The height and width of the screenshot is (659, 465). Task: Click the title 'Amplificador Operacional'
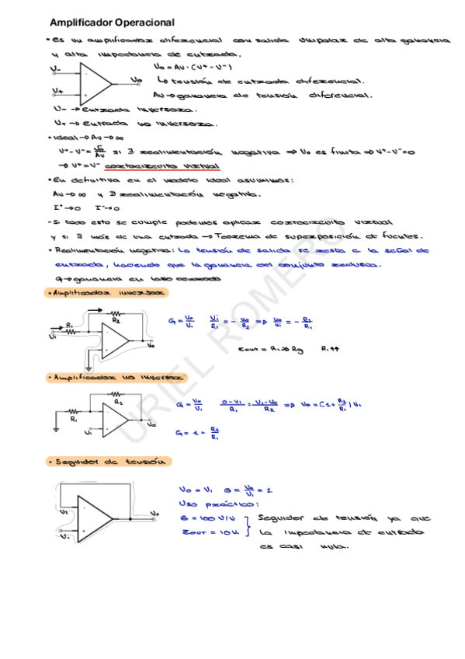[112, 23]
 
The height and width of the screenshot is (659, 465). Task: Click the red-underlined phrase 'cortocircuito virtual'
[169, 166]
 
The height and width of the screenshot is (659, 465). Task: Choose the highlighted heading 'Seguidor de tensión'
[106, 462]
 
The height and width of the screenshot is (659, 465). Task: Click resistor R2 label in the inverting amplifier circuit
[116, 319]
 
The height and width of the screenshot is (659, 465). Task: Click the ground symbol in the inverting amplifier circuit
[92, 358]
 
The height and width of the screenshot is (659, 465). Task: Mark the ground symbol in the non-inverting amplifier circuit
[57, 427]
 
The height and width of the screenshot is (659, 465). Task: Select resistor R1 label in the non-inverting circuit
[74, 418]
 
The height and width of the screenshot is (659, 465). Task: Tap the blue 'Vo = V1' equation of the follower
[195, 490]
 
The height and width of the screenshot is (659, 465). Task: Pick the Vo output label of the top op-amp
[137, 79]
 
